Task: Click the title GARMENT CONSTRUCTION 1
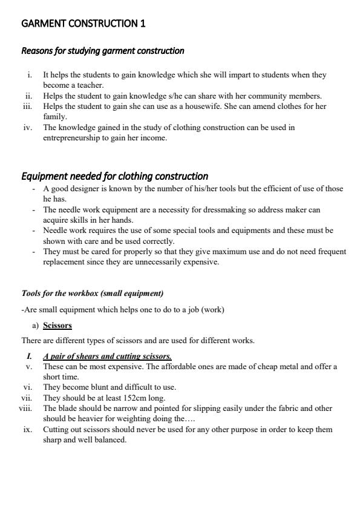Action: coord(83,24)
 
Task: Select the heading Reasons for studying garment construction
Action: coord(103,51)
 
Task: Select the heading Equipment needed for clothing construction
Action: coord(115,176)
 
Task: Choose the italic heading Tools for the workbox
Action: coord(93,294)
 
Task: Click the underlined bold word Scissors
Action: coord(57,326)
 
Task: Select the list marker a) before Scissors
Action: coord(35,326)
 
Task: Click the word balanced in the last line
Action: coord(109,440)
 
